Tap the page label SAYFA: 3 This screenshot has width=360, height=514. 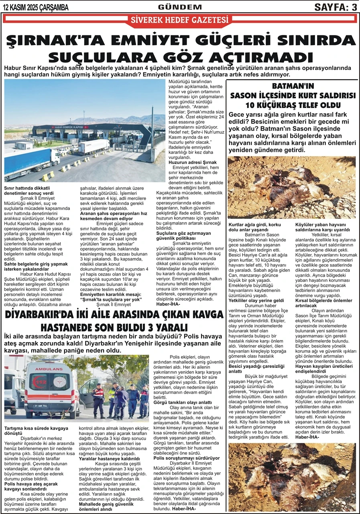[x=336, y=7]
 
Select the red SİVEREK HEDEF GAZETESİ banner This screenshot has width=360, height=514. [x=180, y=20]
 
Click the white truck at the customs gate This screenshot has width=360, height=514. [x=93, y=146]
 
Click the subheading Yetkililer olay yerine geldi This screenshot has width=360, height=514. [x=256, y=300]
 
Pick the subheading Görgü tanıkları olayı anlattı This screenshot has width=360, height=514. [x=183, y=402]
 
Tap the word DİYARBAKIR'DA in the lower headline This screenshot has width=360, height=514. [x=48, y=314]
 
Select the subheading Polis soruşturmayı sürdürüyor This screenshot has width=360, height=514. [x=186, y=457]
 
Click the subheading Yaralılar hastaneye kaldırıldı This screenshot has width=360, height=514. [x=109, y=458]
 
